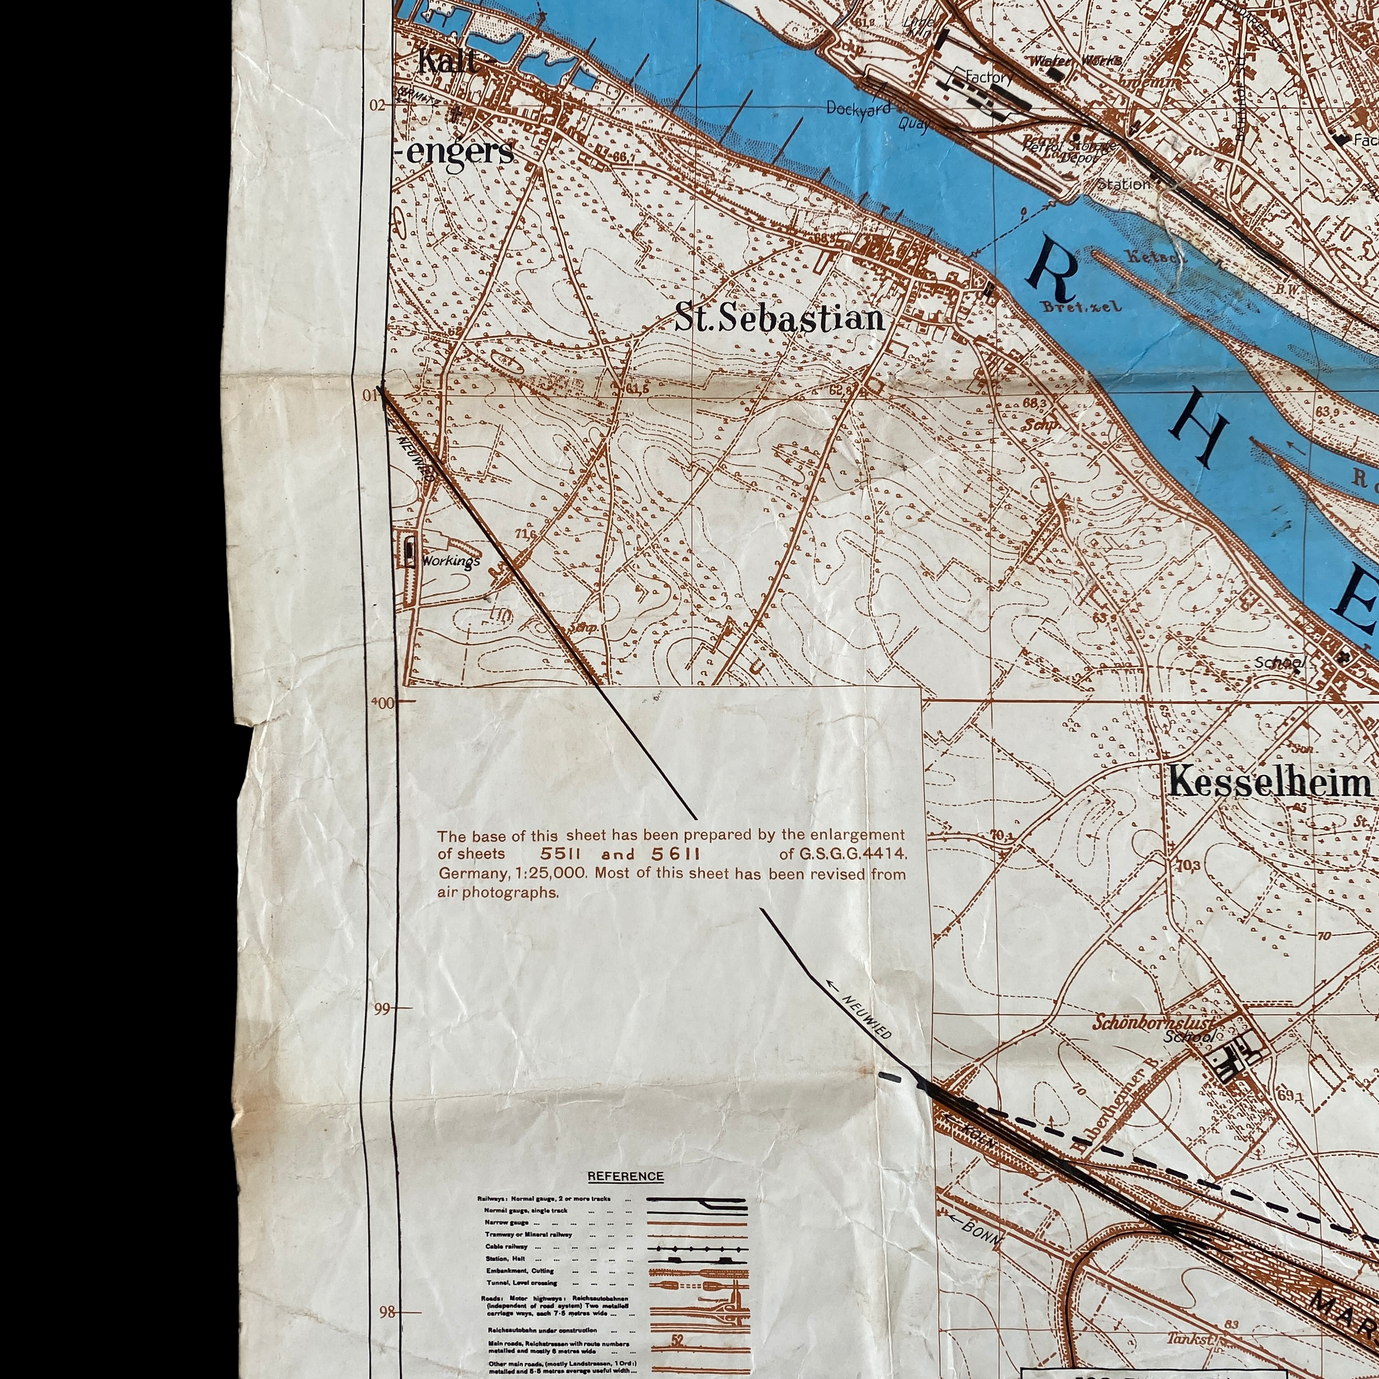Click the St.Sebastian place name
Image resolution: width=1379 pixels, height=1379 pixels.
780,318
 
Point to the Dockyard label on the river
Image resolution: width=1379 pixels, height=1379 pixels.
858,109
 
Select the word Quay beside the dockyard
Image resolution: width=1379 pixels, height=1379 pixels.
914,124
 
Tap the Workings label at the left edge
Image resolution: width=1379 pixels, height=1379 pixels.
450,561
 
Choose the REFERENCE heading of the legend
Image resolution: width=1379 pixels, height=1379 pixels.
625,1176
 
